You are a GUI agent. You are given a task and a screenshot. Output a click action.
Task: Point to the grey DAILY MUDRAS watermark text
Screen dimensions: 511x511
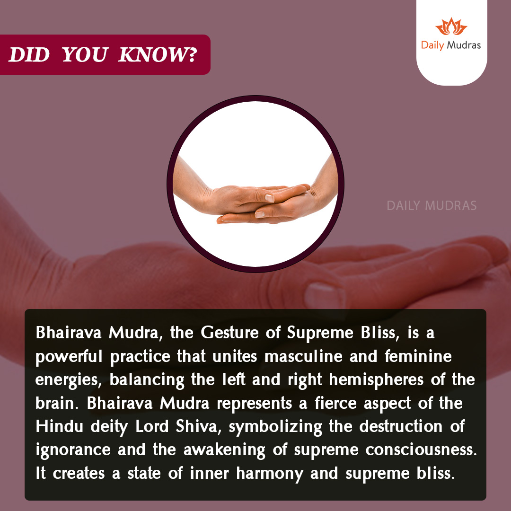point(432,206)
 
